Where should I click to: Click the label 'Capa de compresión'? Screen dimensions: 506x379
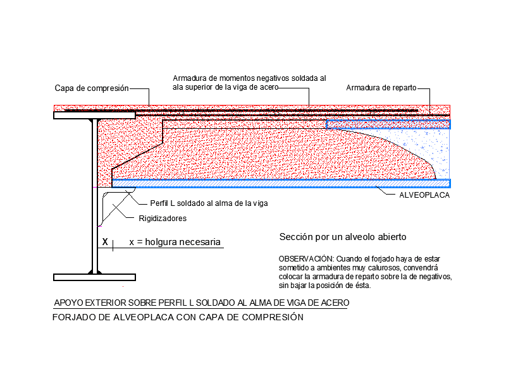92,88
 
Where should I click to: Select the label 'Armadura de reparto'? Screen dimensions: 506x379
381,88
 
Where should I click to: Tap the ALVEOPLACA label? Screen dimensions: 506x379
424,195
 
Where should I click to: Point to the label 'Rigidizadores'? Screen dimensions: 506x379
163,219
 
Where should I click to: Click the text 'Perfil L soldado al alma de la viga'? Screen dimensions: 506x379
209,203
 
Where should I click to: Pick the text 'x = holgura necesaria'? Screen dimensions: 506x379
175,242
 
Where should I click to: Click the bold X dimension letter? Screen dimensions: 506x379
105,242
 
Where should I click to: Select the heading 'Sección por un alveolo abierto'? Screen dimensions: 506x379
343,237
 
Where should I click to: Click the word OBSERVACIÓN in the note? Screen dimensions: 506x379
306,259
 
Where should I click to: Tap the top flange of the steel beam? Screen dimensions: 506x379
94,116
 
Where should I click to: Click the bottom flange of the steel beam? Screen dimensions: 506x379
94,277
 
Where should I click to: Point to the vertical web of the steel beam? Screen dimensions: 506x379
95,196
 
